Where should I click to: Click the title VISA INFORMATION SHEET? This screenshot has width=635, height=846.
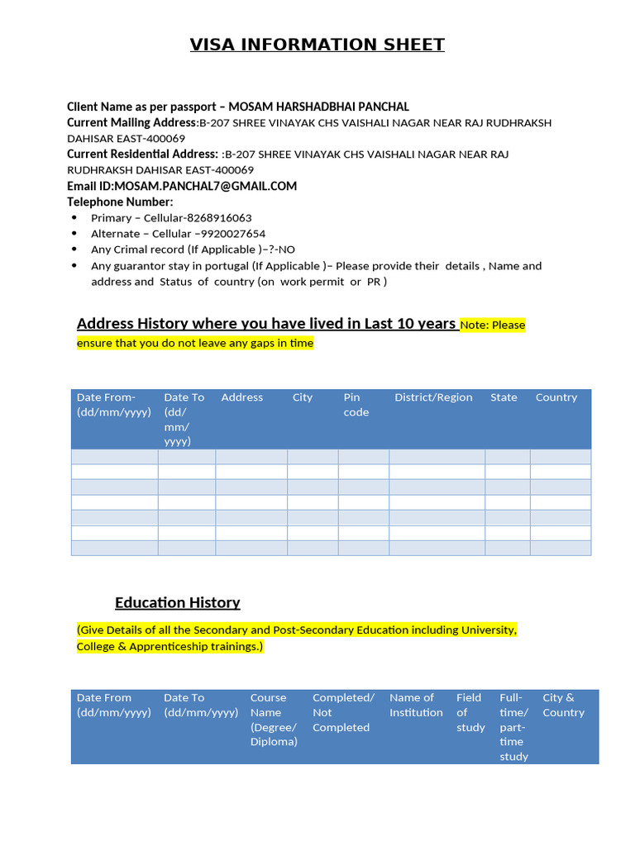(317, 45)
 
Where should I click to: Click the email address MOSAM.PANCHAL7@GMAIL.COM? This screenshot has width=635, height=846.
(206, 186)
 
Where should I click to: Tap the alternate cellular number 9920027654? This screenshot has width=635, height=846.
(231, 234)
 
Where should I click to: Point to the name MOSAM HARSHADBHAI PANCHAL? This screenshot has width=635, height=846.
(318, 107)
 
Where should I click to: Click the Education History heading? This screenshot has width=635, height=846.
(178, 602)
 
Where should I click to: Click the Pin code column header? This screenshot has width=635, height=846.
(356, 405)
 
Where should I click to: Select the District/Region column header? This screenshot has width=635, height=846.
(433, 397)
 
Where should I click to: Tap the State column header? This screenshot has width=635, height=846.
(504, 397)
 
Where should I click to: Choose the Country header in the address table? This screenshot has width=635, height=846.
(556, 397)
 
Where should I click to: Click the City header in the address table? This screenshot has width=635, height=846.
(303, 397)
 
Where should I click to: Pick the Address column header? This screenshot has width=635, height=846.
(242, 397)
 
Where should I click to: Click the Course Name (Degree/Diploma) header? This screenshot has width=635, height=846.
(274, 720)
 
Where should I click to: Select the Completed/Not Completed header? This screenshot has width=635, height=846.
(343, 712)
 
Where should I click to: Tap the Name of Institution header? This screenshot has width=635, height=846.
(416, 705)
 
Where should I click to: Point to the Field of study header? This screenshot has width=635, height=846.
(470, 712)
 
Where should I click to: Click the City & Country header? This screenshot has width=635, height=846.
(563, 705)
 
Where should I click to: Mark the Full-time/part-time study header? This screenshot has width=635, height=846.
(513, 727)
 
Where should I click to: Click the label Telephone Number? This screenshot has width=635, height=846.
(120, 202)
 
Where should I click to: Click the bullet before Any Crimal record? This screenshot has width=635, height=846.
(74, 250)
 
